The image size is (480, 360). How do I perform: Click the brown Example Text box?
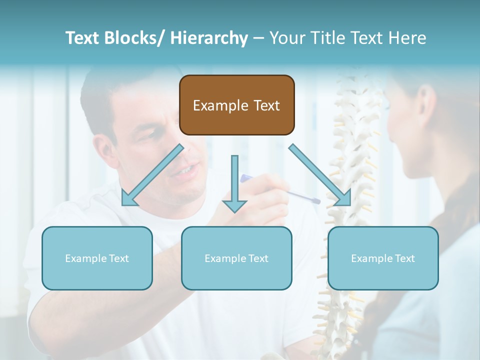click(x=236, y=105)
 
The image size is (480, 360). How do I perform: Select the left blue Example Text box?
click(x=97, y=258)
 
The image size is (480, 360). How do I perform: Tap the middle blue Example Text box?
click(x=236, y=258)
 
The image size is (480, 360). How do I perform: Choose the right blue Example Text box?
click(x=383, y=258)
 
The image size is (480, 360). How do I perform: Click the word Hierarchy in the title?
click(x=209, y=38)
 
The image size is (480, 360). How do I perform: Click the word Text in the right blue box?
click(x=404, y=258)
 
